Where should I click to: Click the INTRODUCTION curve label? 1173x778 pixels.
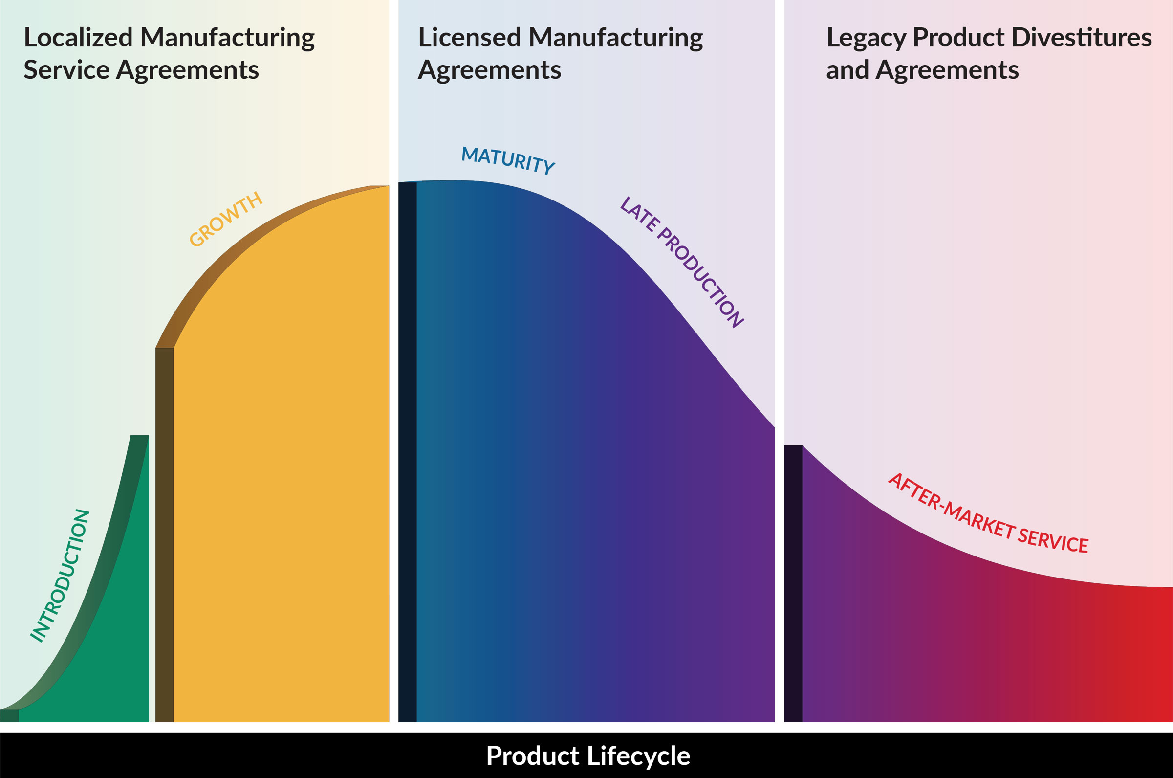click(x=60, y=576)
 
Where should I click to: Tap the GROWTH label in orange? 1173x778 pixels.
click(x=226, y=219)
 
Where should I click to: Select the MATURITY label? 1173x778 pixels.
click(x=508, y=160)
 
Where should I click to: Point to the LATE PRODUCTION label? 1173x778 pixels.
click(x=682, y=262)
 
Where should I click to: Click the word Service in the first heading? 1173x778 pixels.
click(x=66, y=70)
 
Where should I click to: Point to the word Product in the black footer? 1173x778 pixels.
click(x=532, y=756)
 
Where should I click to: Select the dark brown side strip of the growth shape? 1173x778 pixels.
click(x=164, y=536)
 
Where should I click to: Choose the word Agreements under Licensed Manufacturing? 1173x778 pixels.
click(x=489, y=70)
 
